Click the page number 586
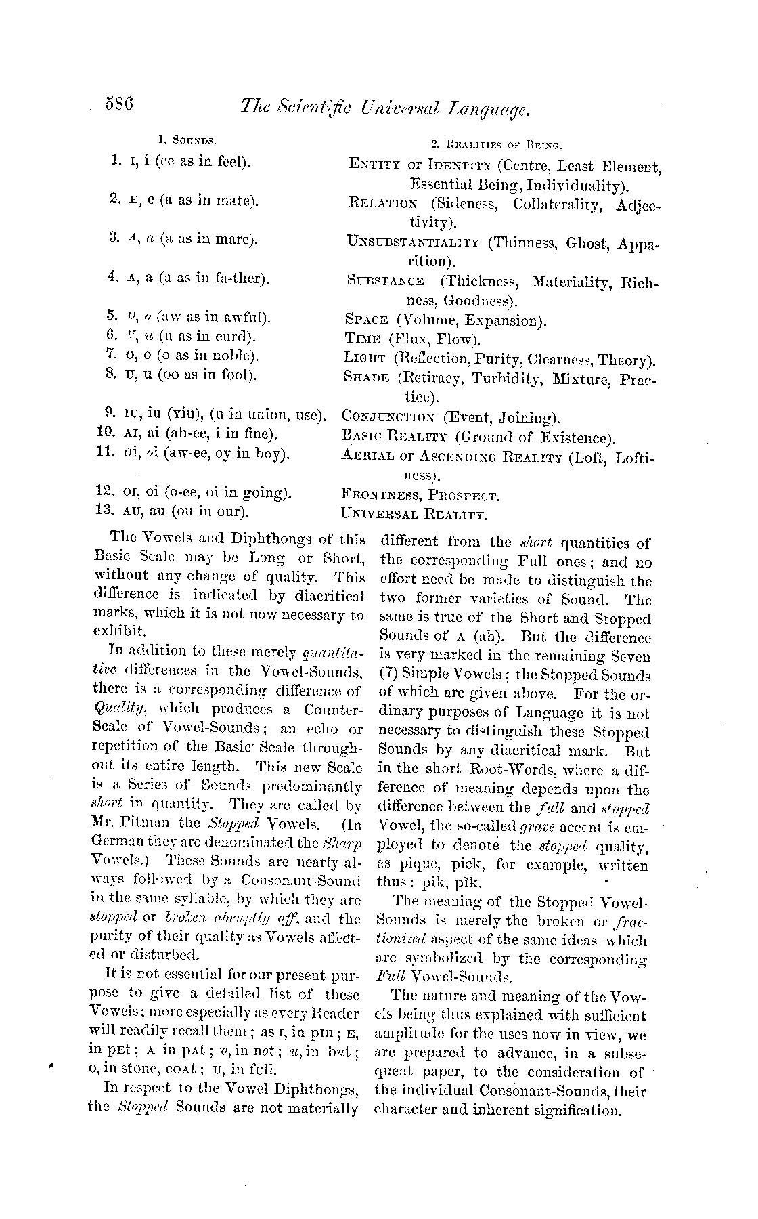[122, 105]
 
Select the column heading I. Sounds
[187, 142]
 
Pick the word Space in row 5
[366, 320]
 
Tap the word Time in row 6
[361, 339]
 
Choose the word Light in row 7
[365, 358]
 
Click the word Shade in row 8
[367, 377]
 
